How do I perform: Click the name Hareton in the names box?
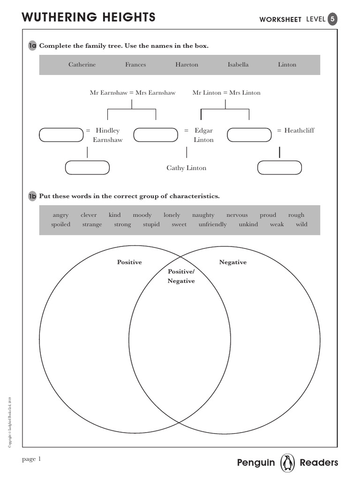[x=187, y=65]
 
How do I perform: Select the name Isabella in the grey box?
[x=238, y=65]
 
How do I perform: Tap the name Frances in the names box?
[x=135, y=65]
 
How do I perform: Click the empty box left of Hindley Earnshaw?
[x=61, y=135]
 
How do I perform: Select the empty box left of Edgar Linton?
[x=156, y=135]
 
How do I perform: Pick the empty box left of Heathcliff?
[x=249, y=135]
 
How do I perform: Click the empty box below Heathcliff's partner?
[x=280, y=168]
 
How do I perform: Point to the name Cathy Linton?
[x=186, y=168]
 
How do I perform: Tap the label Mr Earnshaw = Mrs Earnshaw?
[x=133, y=93]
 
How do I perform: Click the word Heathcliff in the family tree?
[x=299, y=130]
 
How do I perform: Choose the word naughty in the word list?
[x=203, y=215]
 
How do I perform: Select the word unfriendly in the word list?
[x=212, y=225]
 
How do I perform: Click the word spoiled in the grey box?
[x=60, y=225]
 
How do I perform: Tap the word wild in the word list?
[x=301, y=225]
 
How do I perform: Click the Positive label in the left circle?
[x=129, y=262]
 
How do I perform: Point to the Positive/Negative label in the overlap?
[x=181, y=277]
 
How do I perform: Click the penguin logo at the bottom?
[x=287, y=463]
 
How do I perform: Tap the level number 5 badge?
[x=332, y=19]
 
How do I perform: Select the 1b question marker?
[x=32, y=196]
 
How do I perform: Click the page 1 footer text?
[x=32, y=459]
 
